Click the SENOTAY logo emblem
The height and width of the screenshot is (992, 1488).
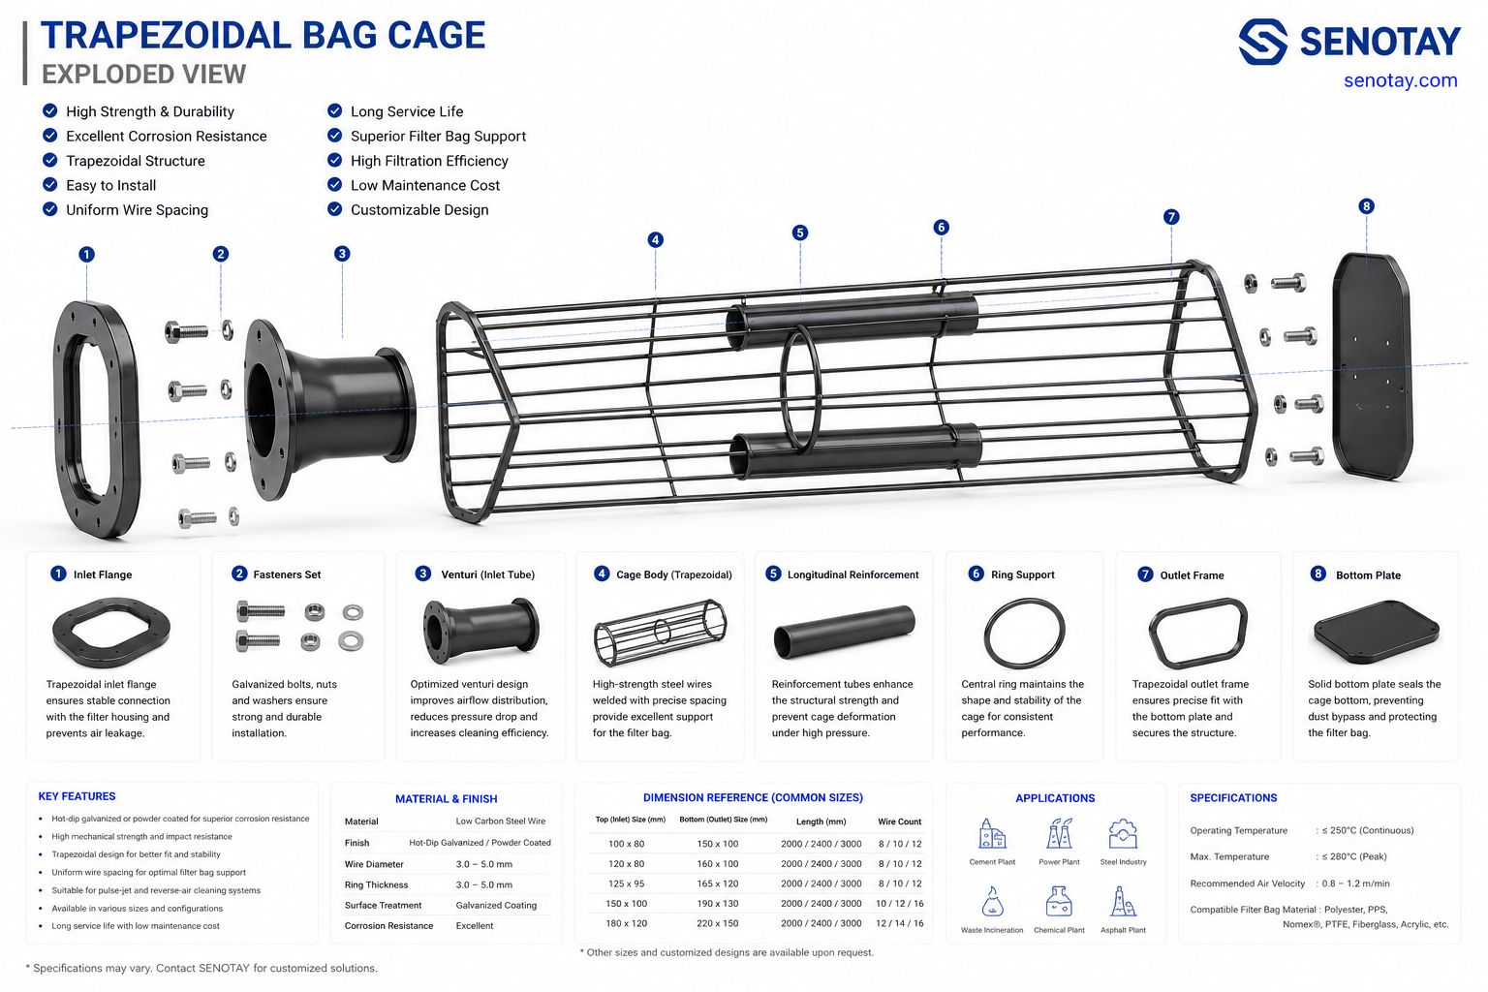(1263, 42)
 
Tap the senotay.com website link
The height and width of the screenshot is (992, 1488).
(1400, 80)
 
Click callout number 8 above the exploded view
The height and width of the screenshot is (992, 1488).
(1367, 206)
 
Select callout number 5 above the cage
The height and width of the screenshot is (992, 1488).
(800, 232)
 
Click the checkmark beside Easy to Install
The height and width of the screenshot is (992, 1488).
(49, 184)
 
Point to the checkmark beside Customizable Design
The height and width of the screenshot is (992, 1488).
(335, 208)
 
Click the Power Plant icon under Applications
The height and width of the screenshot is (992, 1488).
(1059, 833)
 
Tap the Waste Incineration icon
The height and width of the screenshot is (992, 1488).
(992, 901)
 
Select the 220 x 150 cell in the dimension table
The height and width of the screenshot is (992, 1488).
(718, 923)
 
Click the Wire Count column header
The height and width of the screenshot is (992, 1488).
(899, 821)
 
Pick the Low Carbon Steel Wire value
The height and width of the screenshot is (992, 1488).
(500, 821)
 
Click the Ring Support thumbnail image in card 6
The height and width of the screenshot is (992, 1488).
(1024, 634)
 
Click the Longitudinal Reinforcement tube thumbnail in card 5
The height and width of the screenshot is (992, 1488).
(845, 632)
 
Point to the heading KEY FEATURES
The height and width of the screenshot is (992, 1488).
(77, 796)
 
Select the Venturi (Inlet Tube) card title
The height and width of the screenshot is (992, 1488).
(487, 574)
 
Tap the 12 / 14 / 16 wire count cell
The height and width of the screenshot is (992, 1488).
(899, 923)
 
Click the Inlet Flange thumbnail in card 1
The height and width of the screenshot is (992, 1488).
(111, 633)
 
